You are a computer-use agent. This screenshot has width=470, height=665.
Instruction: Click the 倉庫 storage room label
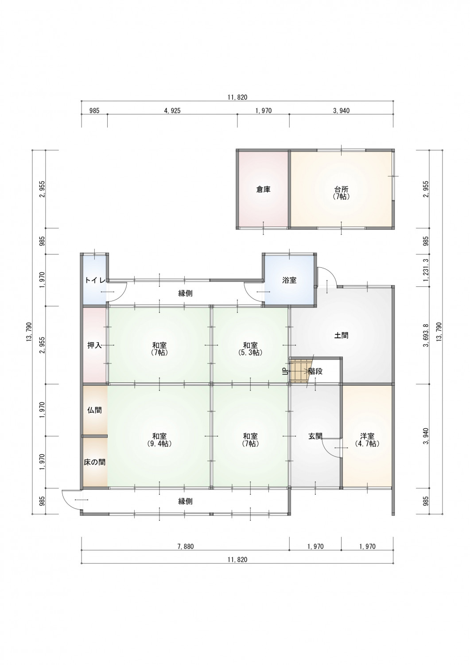click(263, 189)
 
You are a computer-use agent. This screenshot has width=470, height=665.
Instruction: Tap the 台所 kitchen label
click(341, 192)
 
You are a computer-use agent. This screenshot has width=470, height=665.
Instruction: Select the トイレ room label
click(95, 280)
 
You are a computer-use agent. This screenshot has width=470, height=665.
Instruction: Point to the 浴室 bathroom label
click(289, 280)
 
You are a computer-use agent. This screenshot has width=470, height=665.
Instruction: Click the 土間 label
click(341, 336)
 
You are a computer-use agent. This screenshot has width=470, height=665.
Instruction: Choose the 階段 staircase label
click(315, 371)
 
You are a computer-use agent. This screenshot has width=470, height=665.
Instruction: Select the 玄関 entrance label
click(315, 436)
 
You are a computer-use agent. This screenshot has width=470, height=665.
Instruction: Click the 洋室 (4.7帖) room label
click(367, 440)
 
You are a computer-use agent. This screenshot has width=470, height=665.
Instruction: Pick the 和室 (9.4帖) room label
click(159, 440)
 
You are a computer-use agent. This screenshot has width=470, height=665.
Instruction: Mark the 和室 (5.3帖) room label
click(250, 349)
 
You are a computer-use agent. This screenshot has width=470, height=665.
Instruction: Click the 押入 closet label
click(95, 345)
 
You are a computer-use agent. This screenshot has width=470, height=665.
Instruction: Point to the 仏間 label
click(95, 410)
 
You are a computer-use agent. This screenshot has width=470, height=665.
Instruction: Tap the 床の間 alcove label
click(95, 462)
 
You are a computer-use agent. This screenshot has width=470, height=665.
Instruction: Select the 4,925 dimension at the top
click(172, 111)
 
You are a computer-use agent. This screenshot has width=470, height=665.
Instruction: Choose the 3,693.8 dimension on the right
click(427, 336)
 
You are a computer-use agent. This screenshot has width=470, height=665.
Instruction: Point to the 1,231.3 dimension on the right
click(427, 270)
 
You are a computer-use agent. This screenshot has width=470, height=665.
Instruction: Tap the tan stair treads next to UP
click(299, 371)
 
